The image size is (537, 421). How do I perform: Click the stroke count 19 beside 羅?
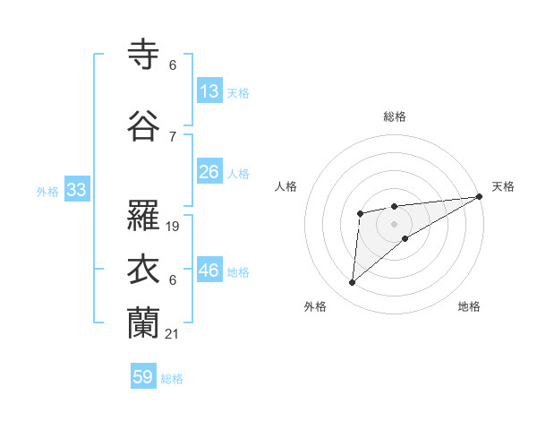point(174,226)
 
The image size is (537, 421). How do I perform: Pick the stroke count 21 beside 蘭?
point(174,333)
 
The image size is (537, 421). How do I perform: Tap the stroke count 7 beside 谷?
point(173,136)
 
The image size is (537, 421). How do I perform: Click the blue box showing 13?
point(209,91)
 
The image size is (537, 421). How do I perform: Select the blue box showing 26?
point(209,172)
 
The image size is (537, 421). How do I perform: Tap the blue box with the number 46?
point(209,271)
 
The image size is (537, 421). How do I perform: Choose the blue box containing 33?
point(76,190)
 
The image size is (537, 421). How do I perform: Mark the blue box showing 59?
point(143,377)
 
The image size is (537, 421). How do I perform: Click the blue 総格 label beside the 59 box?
point(172,379)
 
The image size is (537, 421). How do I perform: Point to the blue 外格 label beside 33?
point(47,191)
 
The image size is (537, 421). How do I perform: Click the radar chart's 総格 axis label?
point(394,116)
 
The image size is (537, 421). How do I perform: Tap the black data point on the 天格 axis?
point(480,197)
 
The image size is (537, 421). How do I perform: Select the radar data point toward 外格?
point(353,283)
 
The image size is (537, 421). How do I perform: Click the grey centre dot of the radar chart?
point(394,222)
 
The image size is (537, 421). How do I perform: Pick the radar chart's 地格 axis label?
point(469,306)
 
